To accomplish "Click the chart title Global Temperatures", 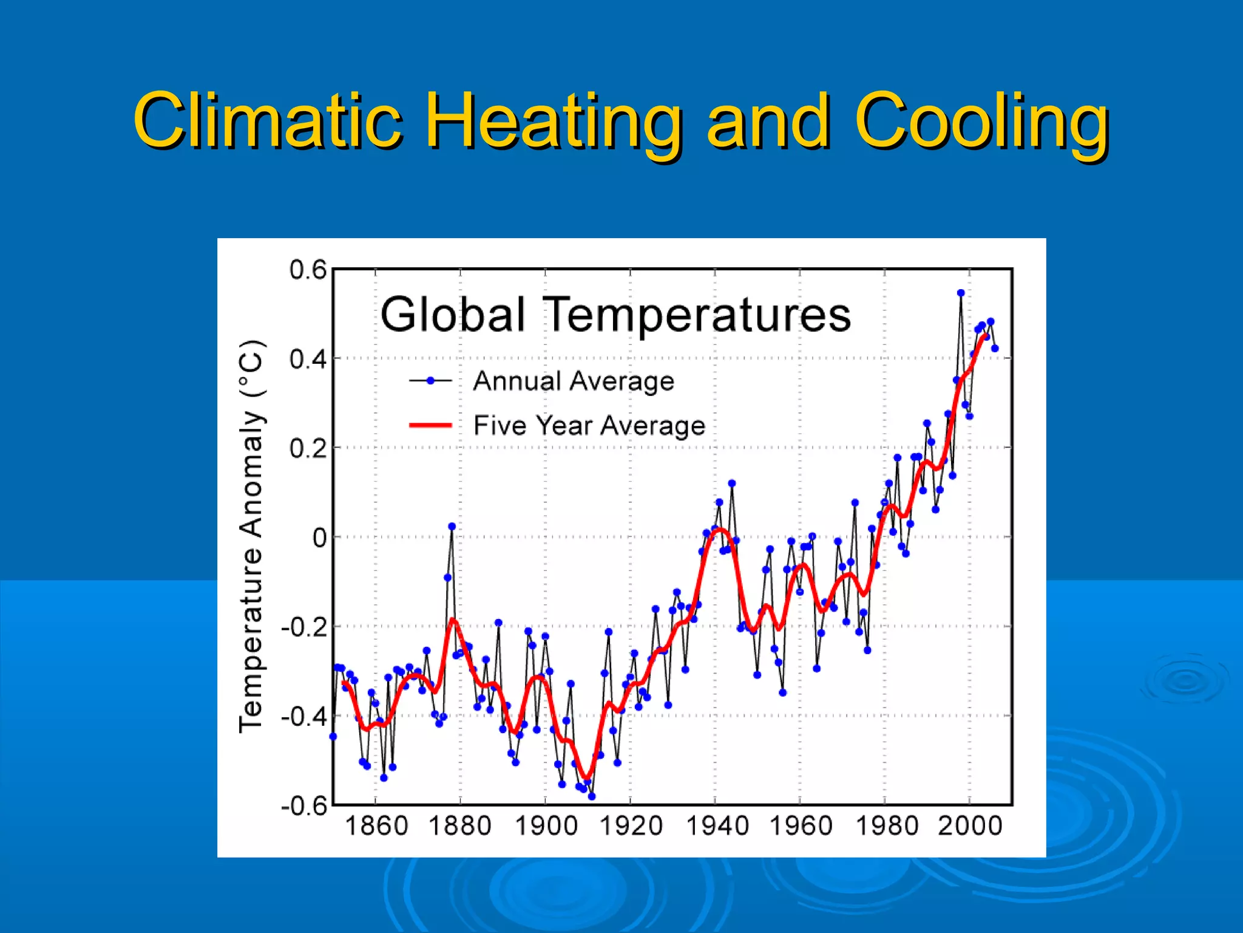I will tap(615, 315).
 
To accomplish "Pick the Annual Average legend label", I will tap(573, 381).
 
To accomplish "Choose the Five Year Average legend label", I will tap(589, 425).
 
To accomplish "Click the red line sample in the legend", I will tap(430, 425).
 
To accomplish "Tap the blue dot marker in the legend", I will tap(430, 381).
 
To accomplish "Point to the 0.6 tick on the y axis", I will tap(308, 270).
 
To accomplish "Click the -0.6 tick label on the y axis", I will tap(303, 806).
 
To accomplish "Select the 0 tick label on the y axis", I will tap(319, 538).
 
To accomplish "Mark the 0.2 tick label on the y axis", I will tap(308, 448).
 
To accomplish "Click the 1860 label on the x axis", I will tap(376, 826).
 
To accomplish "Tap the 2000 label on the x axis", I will tap(969, 826).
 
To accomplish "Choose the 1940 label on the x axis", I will tap(717, 826).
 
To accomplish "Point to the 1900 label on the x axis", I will tap(546, 826).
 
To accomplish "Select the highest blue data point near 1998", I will tap(961, 293).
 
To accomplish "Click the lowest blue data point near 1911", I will tap(592, 796).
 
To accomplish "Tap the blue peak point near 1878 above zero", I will tap(452, 527).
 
